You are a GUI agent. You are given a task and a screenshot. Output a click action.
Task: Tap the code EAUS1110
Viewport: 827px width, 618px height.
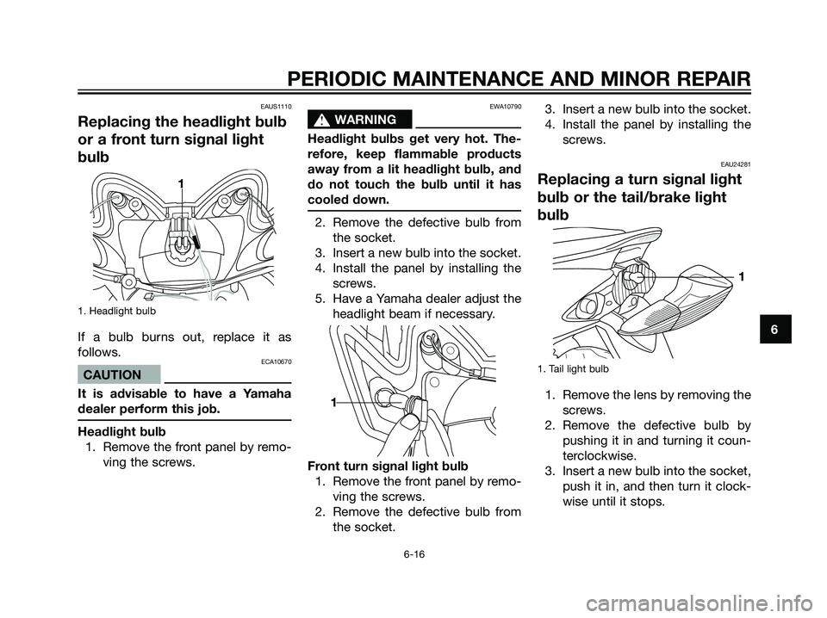pos(274,106)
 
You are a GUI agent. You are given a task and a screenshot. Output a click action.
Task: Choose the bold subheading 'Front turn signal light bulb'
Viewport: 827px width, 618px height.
pos(390,466)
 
